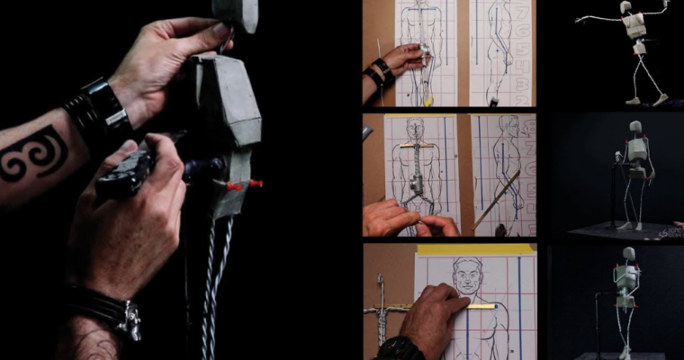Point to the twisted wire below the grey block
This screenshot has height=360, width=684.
(214, 270)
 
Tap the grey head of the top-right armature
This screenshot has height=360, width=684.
(626, 8)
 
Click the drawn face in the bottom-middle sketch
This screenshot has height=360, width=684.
(466, 275)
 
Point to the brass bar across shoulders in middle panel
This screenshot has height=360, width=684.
(417, 144)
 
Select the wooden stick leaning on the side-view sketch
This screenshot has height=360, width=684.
(498, 198)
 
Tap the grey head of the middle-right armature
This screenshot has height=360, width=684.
(635, 127)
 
